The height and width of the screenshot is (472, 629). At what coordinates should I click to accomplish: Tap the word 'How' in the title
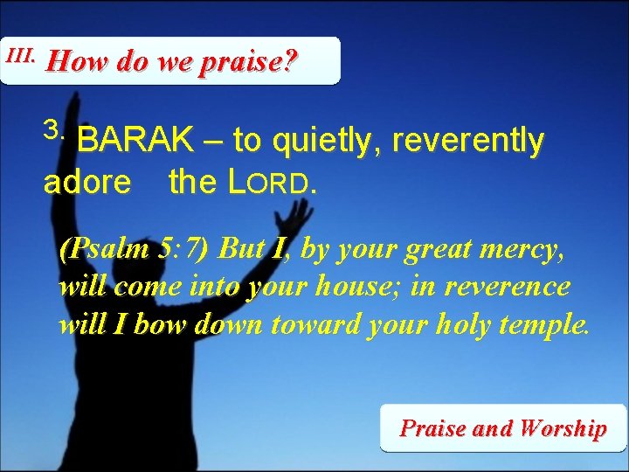click(x=72, y=62)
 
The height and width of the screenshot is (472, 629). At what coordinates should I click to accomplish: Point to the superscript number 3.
click(x=54, y=128)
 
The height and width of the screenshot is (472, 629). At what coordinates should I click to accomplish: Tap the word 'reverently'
click(x=469, y=141)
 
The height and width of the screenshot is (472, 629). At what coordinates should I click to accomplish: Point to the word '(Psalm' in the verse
click(x=93, y=250)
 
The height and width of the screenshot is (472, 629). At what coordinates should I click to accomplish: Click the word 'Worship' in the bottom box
click(x=562, y=428)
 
